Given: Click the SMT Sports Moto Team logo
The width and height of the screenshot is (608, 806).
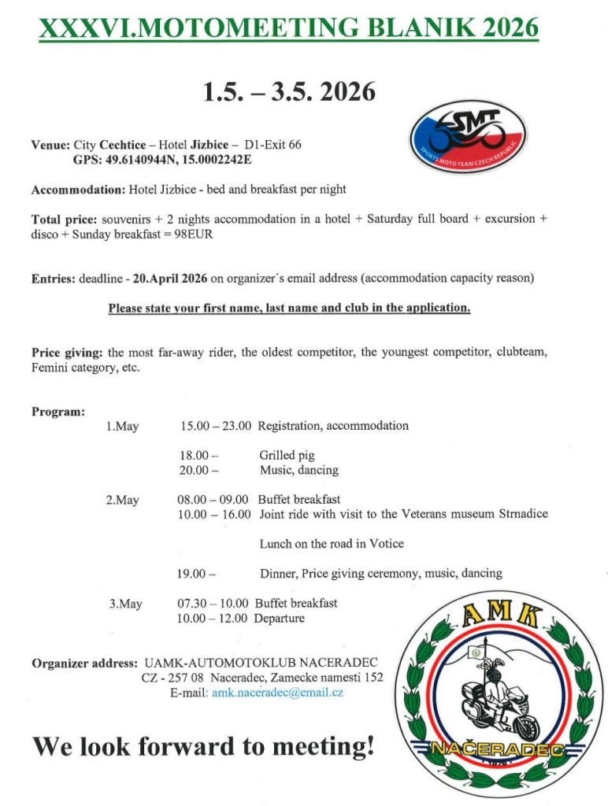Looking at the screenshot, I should pos(469,137).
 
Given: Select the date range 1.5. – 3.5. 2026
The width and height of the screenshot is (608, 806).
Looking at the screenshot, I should pos(289,92).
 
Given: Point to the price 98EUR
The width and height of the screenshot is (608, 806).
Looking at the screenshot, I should pos(196,234).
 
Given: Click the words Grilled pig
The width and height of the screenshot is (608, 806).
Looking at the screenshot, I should pos(287,455).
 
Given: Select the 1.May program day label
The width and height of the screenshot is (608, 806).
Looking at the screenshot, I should pos(122,427).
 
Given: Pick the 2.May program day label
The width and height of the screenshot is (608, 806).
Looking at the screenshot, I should pos(122,500).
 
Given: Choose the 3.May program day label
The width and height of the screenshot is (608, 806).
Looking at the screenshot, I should pos(126,604).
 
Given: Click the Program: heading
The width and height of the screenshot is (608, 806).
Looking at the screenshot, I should pos(58,412).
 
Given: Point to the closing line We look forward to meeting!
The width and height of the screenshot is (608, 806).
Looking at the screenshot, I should pos(203,745).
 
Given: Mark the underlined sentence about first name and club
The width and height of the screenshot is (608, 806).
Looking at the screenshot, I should pos(289,308).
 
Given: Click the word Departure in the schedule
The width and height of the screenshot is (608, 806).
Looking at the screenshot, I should pos(279,619).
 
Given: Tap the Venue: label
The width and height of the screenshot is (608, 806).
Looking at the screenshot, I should pos(50,146).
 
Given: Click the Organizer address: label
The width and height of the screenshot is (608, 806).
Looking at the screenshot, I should pos(83,663).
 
